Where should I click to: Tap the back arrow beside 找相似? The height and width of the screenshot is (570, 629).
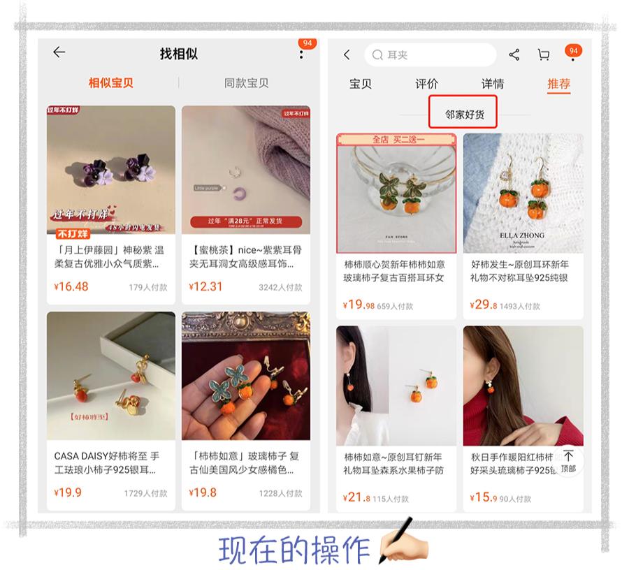point(59,52)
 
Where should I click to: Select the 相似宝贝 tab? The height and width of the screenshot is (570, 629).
point(110,82)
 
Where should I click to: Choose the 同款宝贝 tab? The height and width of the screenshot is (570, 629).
point(246,82)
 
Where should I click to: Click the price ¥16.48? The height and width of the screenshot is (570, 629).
point(71,286)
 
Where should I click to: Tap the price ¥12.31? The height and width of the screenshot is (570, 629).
point(206,286)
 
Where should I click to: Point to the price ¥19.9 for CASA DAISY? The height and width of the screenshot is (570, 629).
point(68,492)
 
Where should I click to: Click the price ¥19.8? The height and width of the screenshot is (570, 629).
point(203,492)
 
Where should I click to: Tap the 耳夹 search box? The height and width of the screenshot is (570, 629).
point(430,54)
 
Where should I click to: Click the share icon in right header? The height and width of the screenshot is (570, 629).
point(514,54)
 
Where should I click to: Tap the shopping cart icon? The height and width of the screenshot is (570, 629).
point(543,54)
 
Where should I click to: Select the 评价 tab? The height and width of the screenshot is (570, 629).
point(426,84)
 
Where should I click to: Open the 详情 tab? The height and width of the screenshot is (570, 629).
point(493,84)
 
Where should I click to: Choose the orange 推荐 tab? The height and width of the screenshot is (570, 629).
point(559,84)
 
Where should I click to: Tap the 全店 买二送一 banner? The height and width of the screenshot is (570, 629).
point(397,139)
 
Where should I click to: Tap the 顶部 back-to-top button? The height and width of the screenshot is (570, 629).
point(568,462)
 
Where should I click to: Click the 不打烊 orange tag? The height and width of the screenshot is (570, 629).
point(73,233)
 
